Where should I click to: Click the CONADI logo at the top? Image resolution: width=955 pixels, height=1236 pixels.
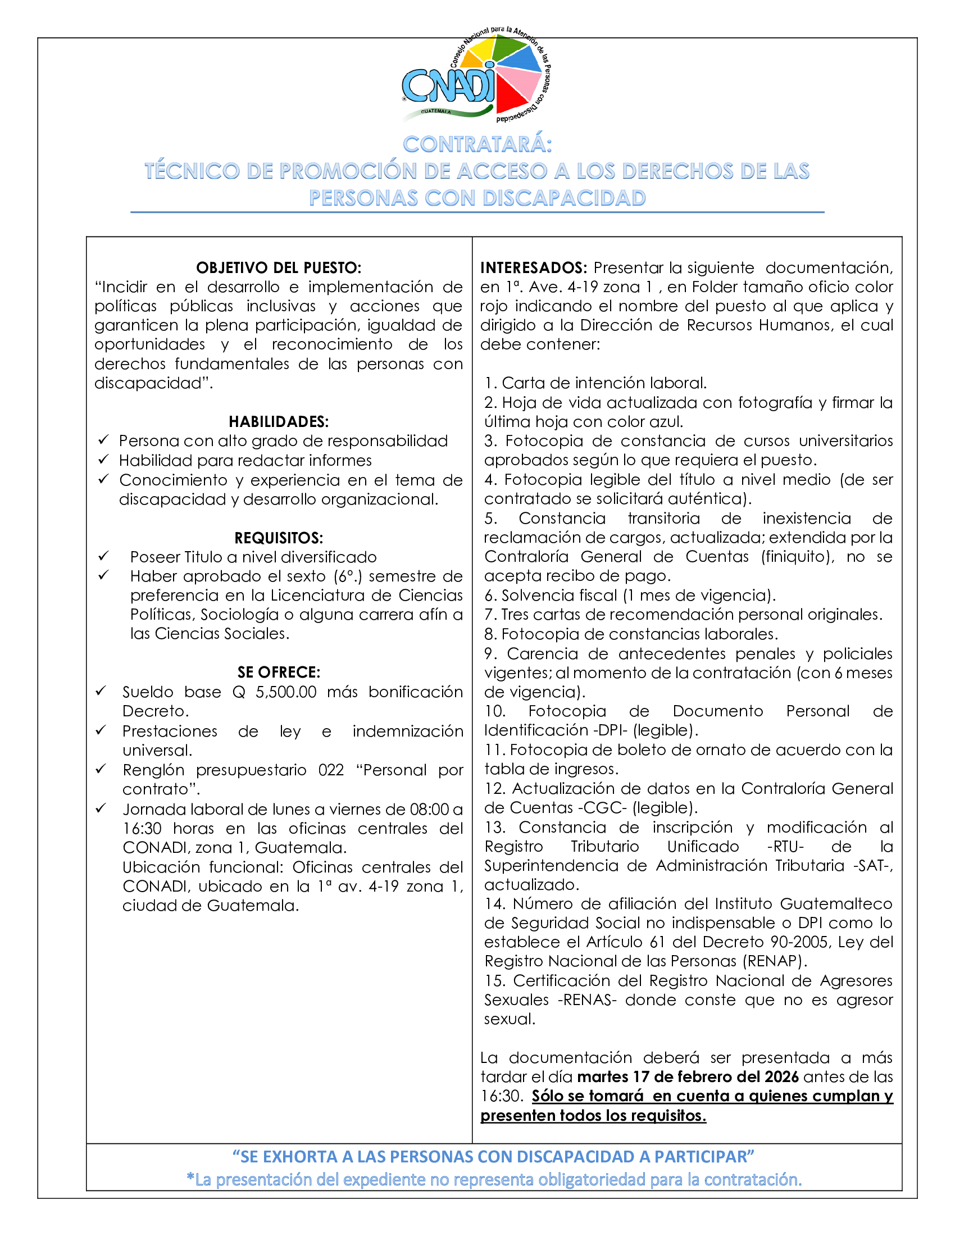coord(476,76)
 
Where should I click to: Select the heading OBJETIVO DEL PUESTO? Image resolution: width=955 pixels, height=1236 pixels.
coord(278,267)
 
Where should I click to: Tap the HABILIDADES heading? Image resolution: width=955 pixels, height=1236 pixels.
coord(278,421)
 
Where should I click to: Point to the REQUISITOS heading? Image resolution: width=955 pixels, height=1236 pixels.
coord(278,538)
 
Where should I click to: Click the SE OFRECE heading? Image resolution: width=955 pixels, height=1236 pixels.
coord(278,672)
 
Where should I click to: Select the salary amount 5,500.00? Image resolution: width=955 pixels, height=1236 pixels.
coord(286,692)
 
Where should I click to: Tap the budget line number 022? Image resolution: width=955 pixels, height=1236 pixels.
coord(331,770)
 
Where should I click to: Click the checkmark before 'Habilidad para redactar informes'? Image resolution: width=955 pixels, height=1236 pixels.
coord(103,460)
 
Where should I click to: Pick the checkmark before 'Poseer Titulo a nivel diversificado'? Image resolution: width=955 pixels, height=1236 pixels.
coord(103,556)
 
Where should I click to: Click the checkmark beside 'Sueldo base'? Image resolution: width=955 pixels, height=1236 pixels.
coord(101,691)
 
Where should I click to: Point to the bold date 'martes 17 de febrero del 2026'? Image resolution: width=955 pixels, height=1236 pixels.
coord(688,1076)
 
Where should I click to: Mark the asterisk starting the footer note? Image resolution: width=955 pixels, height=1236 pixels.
coord(190,1178)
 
